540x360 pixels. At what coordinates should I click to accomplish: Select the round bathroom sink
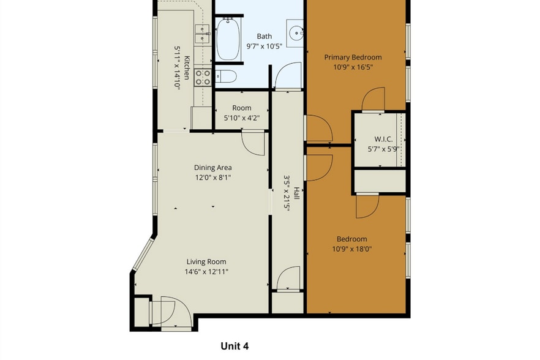click(296, 32)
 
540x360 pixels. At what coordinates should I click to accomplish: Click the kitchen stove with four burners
click(203, 77)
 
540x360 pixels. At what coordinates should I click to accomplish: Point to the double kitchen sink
click(202, 34)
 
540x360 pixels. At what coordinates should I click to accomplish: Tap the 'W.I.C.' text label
click(378, 139)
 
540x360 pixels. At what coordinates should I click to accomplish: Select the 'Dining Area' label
click(212, 167)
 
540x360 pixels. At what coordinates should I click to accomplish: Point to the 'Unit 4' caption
click(234, 346)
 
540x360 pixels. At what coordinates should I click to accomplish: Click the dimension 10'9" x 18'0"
click(351, 249)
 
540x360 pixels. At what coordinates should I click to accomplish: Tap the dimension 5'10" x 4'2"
click(241, 118)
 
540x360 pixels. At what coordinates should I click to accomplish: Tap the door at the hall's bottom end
click(288, 279)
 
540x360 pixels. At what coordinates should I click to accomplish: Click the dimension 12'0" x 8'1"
click(212, 178)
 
